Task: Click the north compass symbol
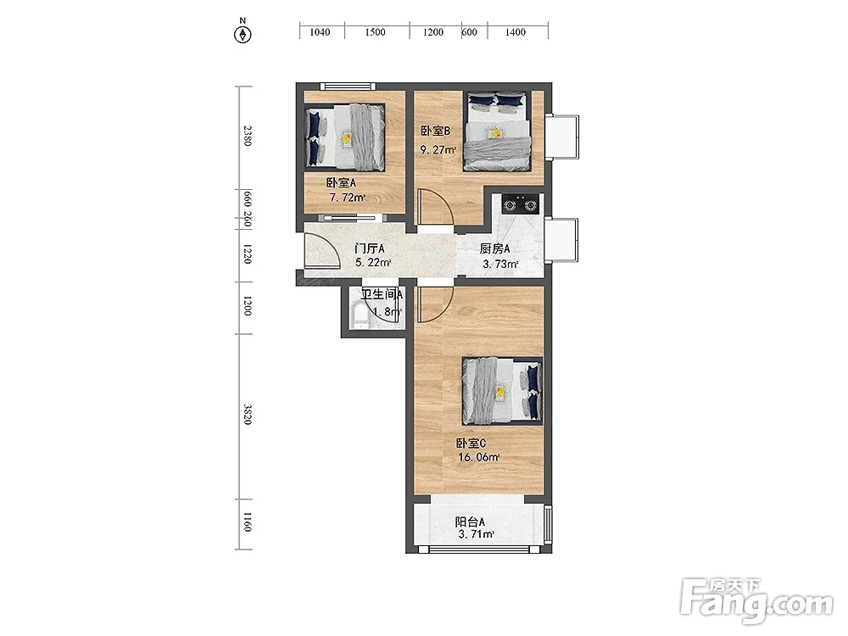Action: click(x=243, y=34)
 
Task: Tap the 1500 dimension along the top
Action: click(x=375, y=32)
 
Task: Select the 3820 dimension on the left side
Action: click(x=247, y=415)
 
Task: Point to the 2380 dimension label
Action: click(x=247, y=136)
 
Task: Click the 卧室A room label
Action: click(x=341, y=183)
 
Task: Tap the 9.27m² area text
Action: click(x=438, y=150)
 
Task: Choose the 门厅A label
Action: click(x=370, y=248)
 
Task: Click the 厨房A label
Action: click(x=495, y=248)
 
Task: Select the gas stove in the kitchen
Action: click(x=521, y=204)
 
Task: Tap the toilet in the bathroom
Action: click(x=359, y=316)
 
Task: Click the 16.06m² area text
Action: click(x=478, y=457)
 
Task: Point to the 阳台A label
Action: click(x=470, y=522)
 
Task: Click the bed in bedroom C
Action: click(x=502, y=391)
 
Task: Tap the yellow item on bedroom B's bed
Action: click(x=494, y=133)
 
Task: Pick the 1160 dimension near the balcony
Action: click(x=247, y=522)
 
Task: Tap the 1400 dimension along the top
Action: click(x=516, y=32)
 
